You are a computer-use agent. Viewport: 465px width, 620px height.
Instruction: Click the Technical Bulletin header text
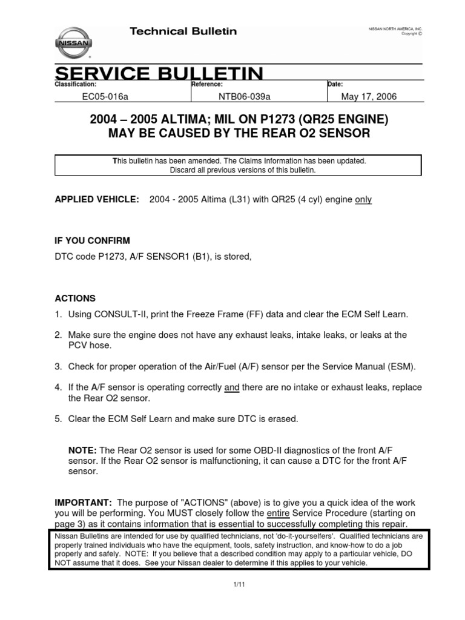click(x=183, y=31)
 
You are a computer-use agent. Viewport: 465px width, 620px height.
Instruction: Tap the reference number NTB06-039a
click(x=243, y=97)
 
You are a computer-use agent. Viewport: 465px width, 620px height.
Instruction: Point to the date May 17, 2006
click(x=369, y=97)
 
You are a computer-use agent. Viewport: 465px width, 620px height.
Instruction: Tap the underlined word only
click(x=363, y=200)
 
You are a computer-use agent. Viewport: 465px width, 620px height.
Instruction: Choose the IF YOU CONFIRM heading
click(x=92, y=241)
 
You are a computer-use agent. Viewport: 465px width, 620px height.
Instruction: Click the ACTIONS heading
click(x=75, y=298)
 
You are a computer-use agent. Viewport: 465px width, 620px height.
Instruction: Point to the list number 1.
click(x=58, y=314)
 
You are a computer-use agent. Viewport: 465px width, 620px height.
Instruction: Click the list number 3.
click(x=58, y=367)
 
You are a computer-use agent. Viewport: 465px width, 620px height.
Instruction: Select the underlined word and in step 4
click(x=232, y=387)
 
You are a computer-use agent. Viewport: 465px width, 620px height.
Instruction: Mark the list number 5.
click(x=58, y=419)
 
